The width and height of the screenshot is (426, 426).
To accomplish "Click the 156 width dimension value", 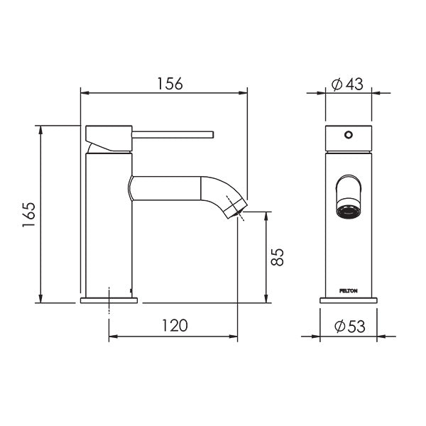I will coord(169,82).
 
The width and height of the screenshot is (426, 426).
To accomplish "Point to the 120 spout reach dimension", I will coord(174,326).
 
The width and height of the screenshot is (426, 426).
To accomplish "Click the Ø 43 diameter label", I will coord(348,84).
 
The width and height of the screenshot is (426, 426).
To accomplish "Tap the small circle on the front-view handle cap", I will coord(348,134).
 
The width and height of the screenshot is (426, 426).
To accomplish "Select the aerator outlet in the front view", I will coord(348,211).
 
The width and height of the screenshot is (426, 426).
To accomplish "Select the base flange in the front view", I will coord(348,300).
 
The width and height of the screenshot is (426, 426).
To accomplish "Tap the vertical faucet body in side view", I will coord(109,227).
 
